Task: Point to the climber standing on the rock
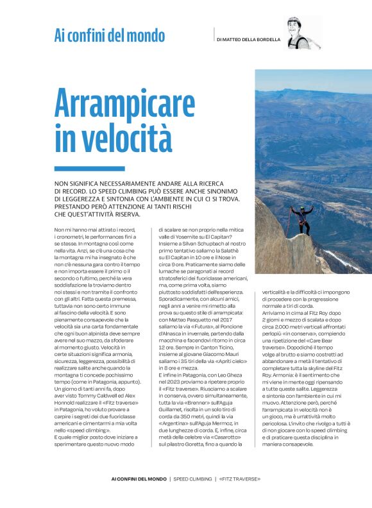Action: click(x=300, y=218)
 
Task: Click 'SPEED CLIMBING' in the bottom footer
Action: click(x=192, y=479)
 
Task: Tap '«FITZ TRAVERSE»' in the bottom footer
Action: click(x=241, y=479)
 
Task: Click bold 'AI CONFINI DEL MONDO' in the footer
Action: click(x=139, y=479)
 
